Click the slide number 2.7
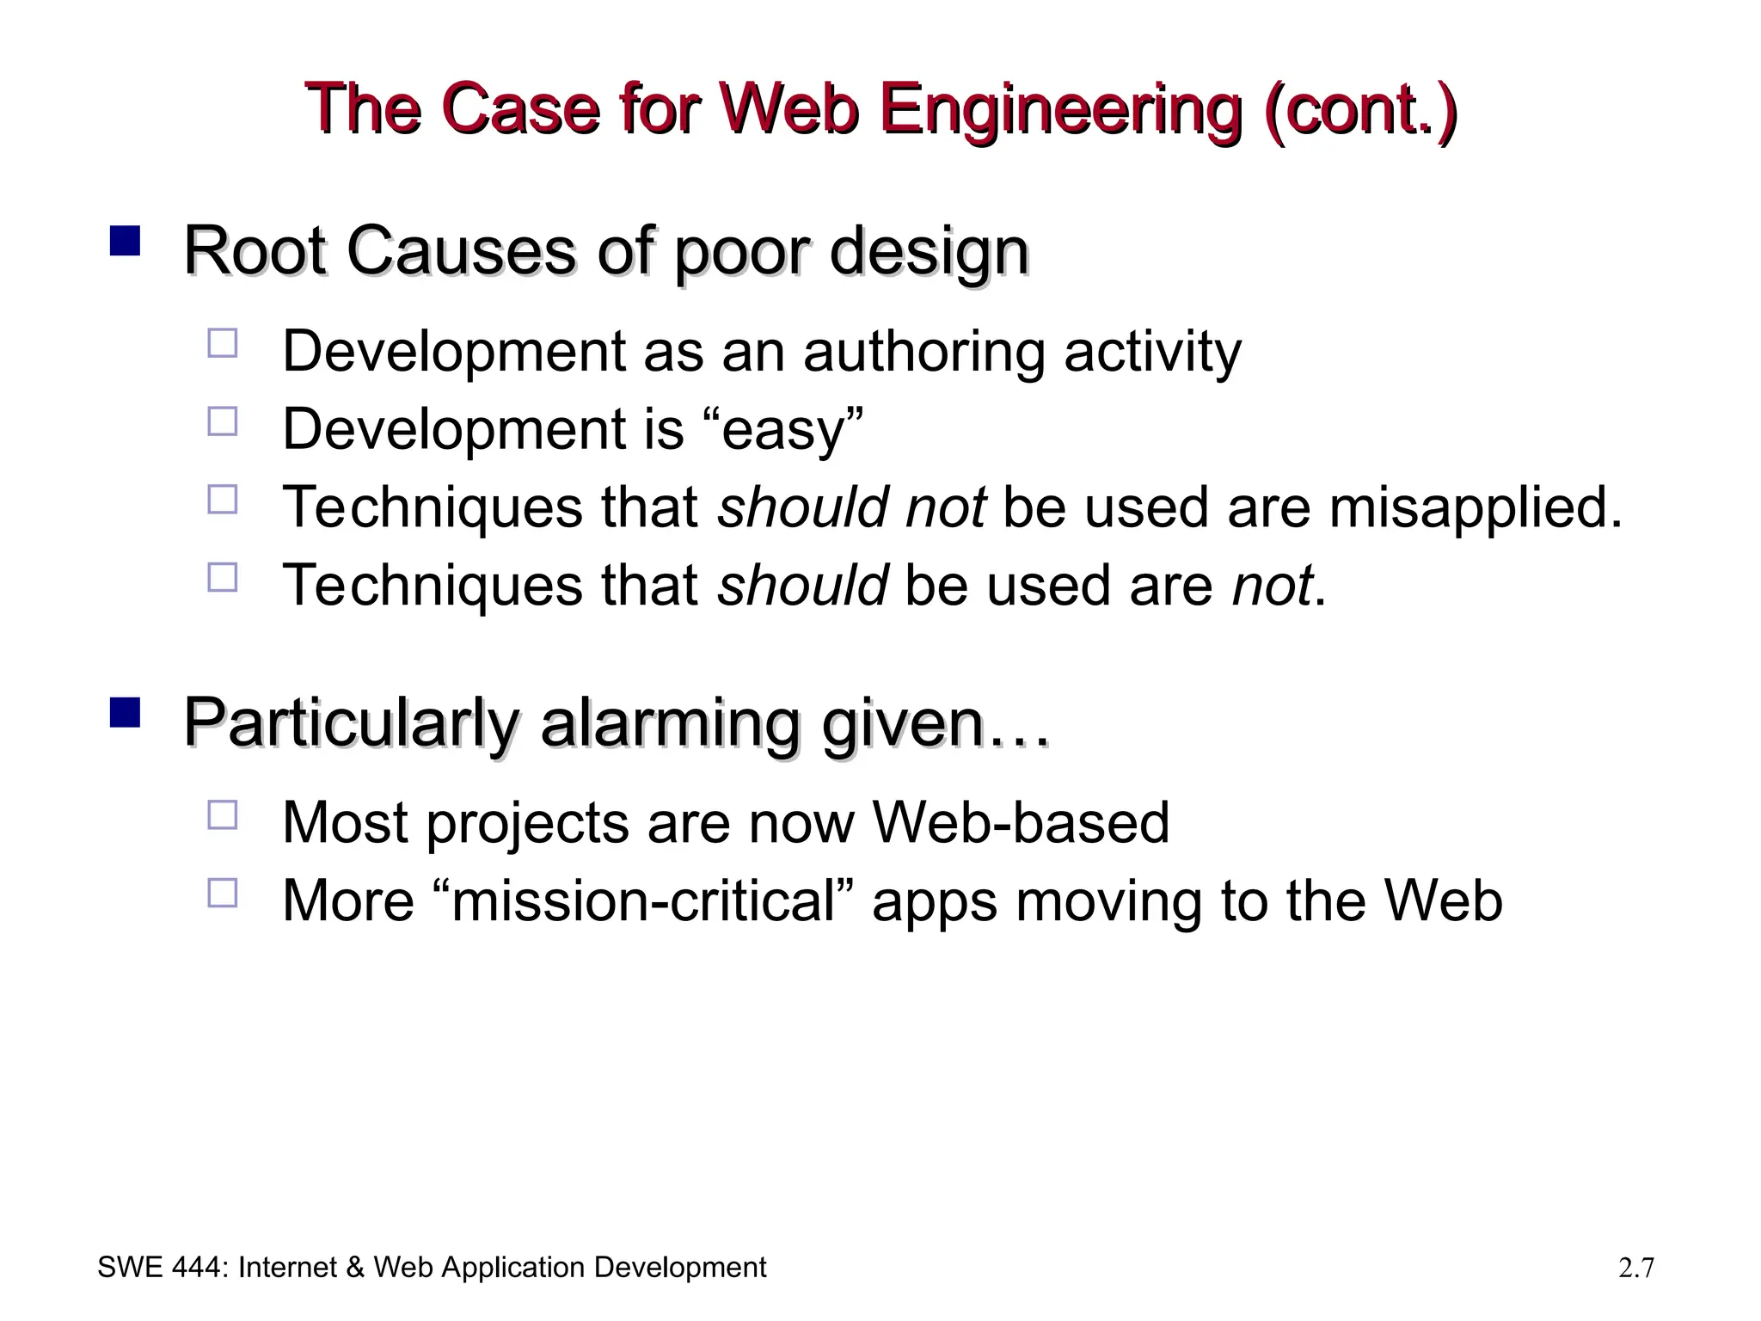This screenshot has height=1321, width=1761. pos(1635,1268)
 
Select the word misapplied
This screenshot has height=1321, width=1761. pos(1475,507)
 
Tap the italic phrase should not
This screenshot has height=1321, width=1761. pos(851,507)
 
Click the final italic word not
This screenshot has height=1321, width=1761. pos(1271,586)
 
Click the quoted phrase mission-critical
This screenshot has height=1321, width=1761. pos(643,901)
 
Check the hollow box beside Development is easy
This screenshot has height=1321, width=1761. pos(223,421)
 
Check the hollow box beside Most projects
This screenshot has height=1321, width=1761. pos(223,814)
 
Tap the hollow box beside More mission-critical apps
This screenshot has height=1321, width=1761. pos(223,893)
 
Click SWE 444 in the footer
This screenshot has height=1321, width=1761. pos(161,1268)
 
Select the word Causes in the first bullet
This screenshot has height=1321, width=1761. pos(461,252)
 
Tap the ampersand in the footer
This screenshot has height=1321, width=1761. pos(354,1268)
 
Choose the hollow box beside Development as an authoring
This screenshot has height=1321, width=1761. pos(223,343)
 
